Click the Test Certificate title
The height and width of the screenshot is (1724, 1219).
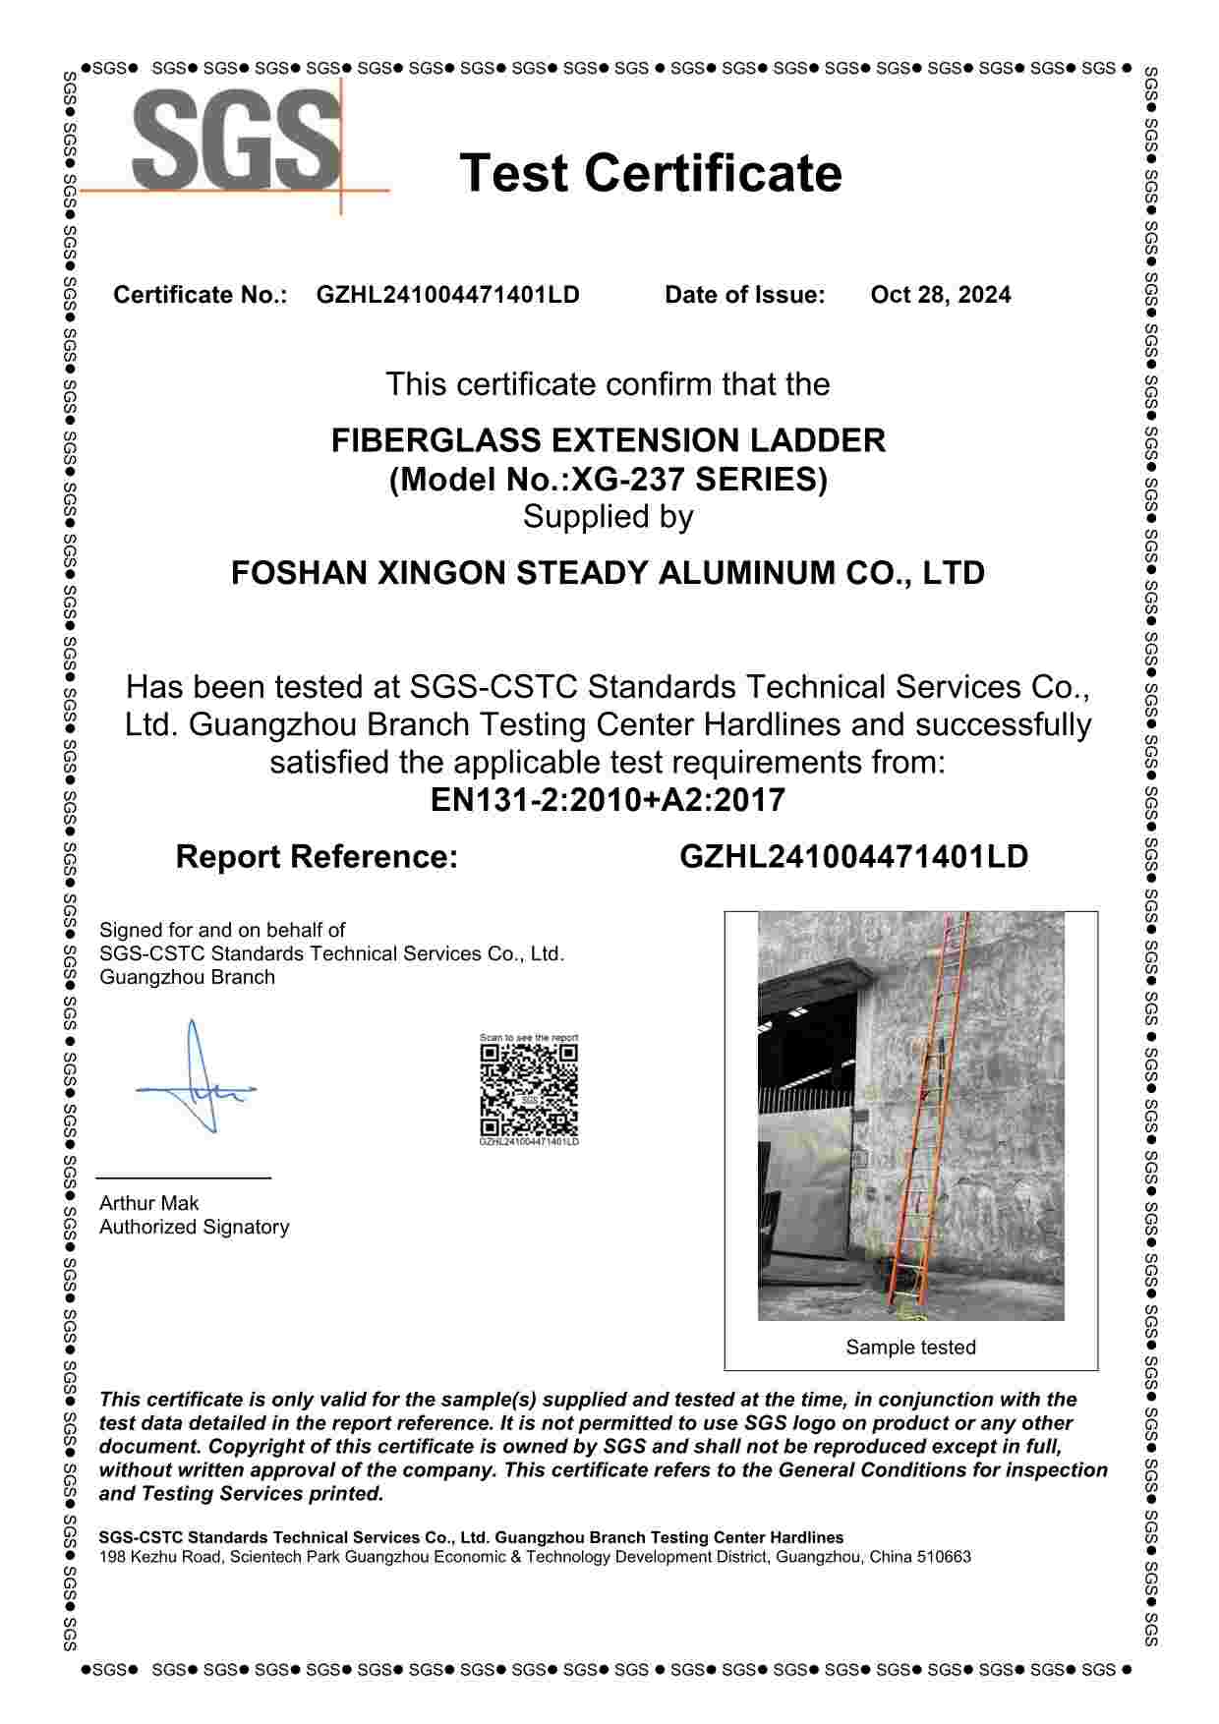coord(651,173)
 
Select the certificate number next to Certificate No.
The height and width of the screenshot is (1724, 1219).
coord(447,295)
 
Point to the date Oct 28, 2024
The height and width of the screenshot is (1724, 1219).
coord(940,295)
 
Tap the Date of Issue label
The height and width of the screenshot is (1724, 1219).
coord(744,295)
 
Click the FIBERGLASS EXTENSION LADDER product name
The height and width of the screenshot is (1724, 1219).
coord(608,439)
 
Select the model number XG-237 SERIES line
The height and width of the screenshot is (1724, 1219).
coord(608,480)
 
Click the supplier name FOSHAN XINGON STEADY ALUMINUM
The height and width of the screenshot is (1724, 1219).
coord(608,572)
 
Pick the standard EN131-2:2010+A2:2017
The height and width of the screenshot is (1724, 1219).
coord(608,800)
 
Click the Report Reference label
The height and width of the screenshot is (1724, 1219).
coord(317,856)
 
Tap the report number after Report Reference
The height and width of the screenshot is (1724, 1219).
coord(853,856)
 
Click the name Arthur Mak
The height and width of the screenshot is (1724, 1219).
coord(148,1203)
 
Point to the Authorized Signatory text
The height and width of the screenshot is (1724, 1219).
coord(194,1227)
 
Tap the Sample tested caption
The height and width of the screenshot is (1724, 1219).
coord(910,1348)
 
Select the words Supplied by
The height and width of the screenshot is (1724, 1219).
coord(608,516)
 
